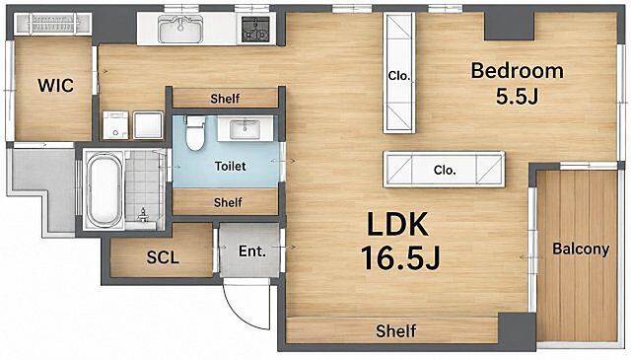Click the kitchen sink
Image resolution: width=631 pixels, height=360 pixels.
(180, 29)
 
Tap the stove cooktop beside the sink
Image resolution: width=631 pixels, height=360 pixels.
(255, 30)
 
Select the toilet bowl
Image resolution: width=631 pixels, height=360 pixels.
(195, 133)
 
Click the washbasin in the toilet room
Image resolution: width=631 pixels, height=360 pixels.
(245, 129)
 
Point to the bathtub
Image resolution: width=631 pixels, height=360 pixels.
(104, 191)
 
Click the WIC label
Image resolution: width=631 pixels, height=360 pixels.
(55, 86)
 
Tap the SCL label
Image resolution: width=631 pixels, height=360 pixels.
(163, 257)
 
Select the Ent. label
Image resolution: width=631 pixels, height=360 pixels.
(252, 252)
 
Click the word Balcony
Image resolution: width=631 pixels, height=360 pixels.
(581, 249)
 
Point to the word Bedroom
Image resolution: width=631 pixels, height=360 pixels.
(517, 71)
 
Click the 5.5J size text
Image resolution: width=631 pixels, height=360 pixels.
(517, 97)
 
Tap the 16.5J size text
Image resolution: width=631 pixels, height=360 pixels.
(401, 257)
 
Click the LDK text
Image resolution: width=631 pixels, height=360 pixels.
(397, 224)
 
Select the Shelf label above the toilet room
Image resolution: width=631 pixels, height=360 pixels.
(225, 99)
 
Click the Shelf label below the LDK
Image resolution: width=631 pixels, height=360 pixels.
(396, 331)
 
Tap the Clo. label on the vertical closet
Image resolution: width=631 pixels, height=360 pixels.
(398, 76)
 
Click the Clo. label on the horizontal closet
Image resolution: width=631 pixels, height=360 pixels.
(445, 170)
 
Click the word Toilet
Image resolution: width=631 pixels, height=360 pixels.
(230, 166)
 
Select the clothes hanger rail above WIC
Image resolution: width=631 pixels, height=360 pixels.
(52, 24)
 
